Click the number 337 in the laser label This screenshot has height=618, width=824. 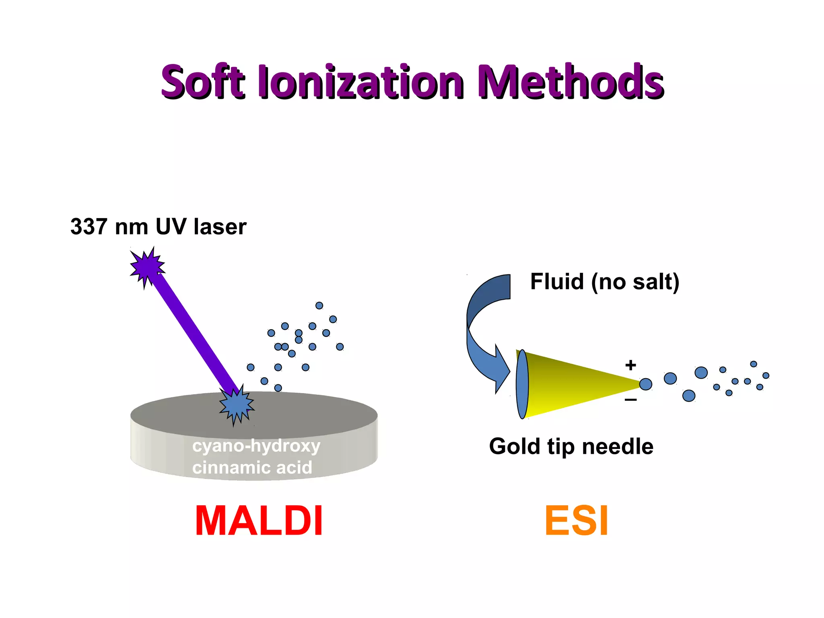point(89,227)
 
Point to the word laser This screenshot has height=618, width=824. point(220,227)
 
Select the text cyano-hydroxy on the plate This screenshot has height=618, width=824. point(256,446)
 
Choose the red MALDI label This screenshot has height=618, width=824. point(259,521)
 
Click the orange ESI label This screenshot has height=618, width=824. point(576,521)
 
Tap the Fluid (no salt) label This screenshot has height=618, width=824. point(604,282)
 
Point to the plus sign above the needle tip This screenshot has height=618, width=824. point(630,365)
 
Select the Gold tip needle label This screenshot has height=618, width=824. point(571,447)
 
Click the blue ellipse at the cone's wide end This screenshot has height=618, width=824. point(522,384)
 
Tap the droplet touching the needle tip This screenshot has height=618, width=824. point(645,384)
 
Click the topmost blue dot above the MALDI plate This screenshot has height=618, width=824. point(319,305)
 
